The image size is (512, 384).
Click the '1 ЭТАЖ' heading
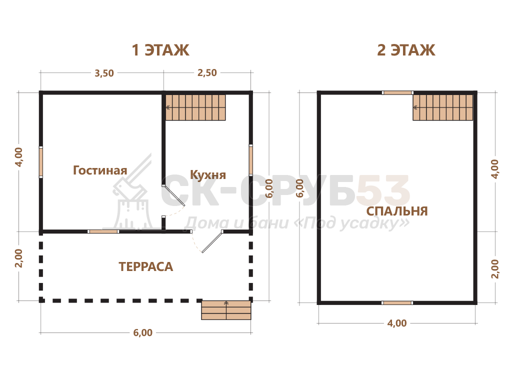[x=160, y=50]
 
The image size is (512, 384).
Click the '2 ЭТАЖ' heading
[x=406, y=50]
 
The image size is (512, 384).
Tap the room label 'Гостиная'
[x=100, y=170]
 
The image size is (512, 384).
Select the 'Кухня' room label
[x=208, y=175]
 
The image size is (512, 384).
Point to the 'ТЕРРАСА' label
[x=145, y=267]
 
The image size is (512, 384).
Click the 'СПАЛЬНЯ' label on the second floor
[x=396, y=211]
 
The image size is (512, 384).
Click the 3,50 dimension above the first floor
[x=104, y=73]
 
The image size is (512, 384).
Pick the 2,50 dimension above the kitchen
[x=207, y=72]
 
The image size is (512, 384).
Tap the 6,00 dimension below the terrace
[x=142, y=332]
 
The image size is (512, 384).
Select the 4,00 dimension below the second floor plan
[x=396, y=323]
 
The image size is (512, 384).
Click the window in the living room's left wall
[x=41, y=162]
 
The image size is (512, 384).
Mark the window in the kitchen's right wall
[x=251, y=160]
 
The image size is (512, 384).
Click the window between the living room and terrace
[x=103, y=231]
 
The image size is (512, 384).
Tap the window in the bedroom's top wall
[x=397, y=92]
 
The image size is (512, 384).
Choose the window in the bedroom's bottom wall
[x=397, y=302]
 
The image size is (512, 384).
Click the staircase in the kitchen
[x=195, y=107]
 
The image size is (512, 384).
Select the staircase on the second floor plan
[x=443, y=107]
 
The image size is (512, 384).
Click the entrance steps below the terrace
[x=226, y=310]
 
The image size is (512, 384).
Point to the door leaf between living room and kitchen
[x=173, y=196]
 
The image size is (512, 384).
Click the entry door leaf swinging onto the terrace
[x=212, y=241]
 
